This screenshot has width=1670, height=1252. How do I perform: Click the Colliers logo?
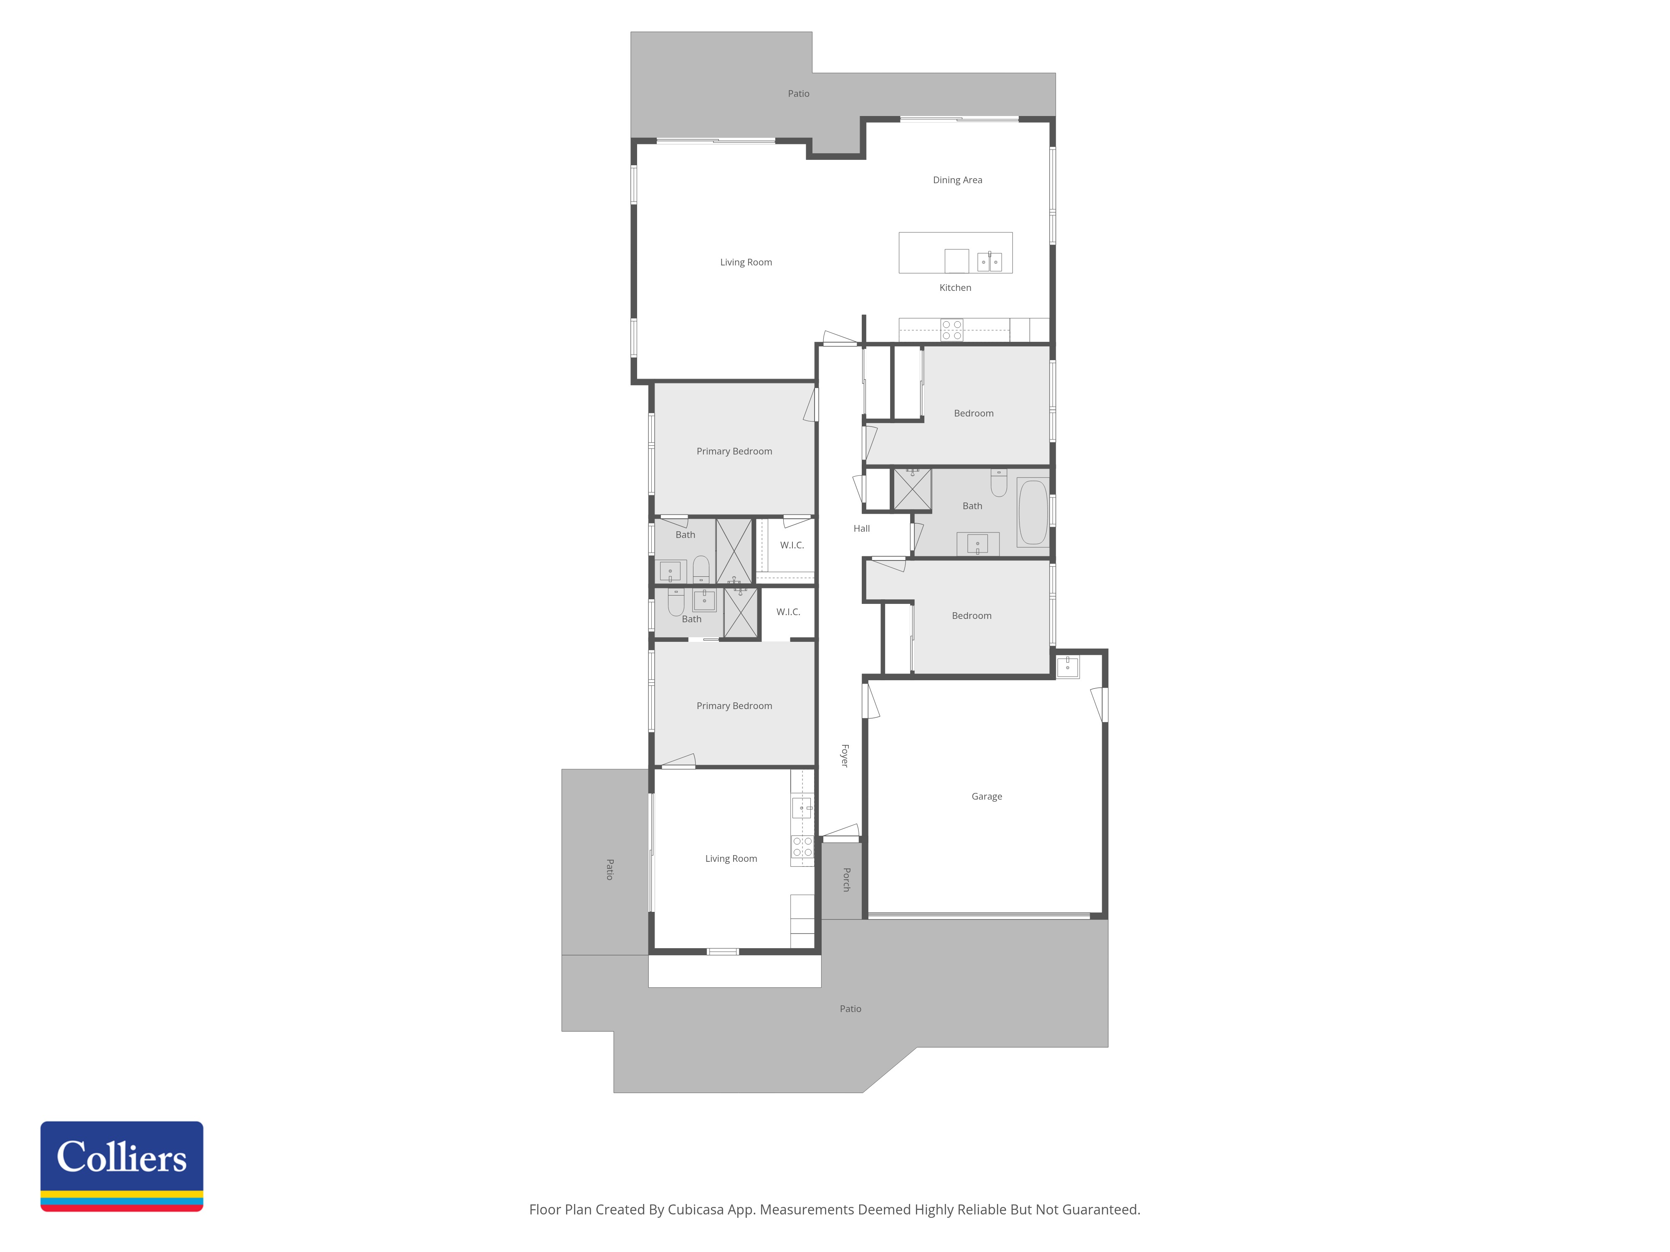121,1166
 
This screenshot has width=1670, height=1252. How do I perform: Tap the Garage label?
987,796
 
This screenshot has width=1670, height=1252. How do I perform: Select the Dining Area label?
957,179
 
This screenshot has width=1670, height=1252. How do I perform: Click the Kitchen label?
955,288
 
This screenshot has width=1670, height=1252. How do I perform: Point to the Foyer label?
845,755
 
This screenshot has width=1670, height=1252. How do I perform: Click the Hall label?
861,528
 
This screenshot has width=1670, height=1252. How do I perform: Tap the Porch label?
846,879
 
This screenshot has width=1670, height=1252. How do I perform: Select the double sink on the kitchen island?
990,262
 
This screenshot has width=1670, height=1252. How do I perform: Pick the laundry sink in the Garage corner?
1068,666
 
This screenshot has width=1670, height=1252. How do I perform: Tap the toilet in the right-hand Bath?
999,483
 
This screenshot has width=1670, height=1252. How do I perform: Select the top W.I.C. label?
792,545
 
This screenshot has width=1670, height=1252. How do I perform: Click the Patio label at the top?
799,93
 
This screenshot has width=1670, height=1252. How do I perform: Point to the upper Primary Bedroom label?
734,451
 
